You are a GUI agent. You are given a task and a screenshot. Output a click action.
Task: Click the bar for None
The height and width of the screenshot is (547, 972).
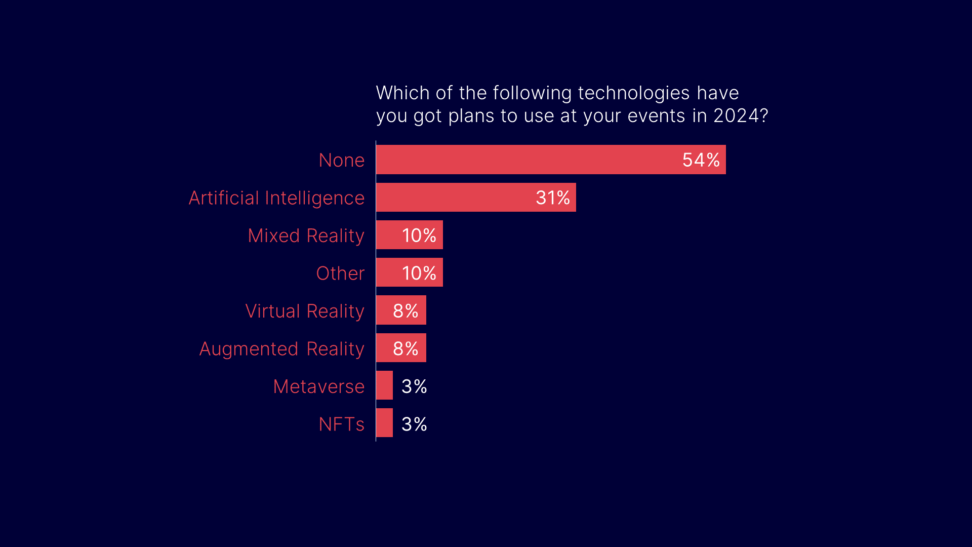point(526,160)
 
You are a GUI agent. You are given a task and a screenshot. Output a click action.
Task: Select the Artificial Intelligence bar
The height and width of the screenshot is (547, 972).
point(456,198)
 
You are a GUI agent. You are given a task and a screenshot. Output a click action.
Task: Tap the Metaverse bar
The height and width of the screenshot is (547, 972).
point(384,385)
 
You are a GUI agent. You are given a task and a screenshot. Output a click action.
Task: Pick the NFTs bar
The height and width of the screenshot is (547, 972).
point(384,423)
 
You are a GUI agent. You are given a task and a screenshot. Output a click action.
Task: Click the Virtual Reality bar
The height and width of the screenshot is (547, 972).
point(385,310)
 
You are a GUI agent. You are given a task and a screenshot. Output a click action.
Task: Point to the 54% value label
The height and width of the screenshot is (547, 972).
point(701,160)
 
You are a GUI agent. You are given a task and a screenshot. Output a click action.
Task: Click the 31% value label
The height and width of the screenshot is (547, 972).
point(552,198)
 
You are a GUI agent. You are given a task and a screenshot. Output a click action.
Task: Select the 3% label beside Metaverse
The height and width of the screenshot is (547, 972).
point(414,386)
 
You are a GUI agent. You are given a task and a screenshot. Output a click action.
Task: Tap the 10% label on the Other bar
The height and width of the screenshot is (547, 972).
point(419,273)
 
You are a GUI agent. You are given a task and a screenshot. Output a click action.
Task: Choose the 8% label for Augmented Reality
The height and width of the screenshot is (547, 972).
point(406,348)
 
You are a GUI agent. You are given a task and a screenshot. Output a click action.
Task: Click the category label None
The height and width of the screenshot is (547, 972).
point(342,161)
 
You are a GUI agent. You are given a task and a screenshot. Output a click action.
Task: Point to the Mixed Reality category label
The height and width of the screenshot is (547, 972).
point(306,236)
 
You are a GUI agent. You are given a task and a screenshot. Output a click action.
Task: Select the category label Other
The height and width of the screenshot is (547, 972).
point(340,273)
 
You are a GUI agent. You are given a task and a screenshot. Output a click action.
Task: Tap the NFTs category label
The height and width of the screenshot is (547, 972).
point(342,424)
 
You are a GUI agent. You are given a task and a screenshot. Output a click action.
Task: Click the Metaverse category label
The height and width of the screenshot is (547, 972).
point(319,386)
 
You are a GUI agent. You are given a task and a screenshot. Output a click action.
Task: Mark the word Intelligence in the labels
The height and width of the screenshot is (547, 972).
point(314,198)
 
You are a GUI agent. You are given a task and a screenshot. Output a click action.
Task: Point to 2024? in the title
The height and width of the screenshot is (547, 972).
point(741,115)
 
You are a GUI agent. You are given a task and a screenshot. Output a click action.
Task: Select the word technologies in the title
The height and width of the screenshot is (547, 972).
point(633,93)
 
